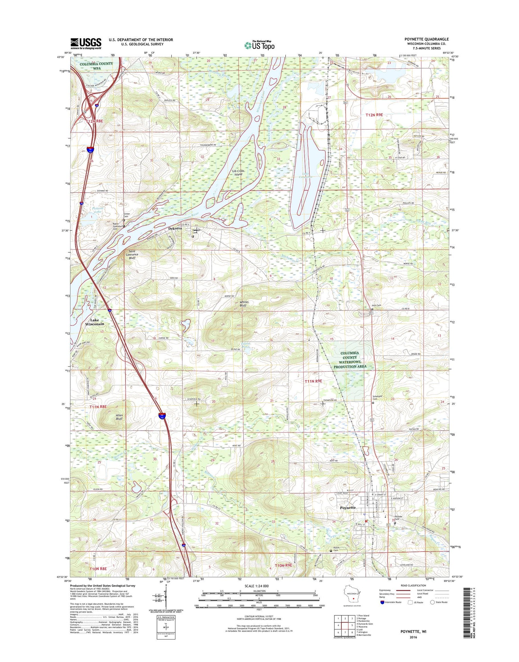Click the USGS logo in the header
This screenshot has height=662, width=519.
point(86,44)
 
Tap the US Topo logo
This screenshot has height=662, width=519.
point(259,45)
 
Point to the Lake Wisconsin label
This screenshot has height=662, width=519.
point(94,322)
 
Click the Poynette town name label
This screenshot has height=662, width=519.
point(347,508)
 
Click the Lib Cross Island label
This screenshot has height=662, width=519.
point(238,172)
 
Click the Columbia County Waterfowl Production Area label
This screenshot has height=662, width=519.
point(350,359)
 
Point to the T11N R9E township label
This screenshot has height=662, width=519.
point(313,381)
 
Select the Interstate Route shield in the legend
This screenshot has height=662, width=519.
point(382,602)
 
